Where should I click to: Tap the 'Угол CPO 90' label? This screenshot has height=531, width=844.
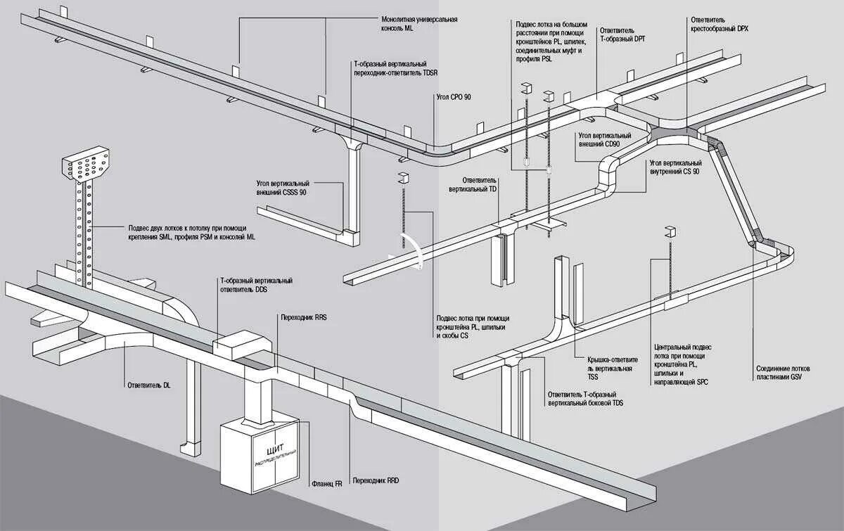[x=452, y=96]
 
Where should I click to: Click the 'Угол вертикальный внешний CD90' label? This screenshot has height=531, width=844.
[x=599, y=139]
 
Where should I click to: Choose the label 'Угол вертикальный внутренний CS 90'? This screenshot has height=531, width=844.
[x=673, y=167]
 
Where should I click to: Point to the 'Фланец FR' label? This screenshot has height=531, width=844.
[x=326, y=484]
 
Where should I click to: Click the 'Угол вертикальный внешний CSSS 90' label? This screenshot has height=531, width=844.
[x=281, y=188]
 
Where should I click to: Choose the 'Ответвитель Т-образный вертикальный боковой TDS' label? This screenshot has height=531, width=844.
[x=584, y=399]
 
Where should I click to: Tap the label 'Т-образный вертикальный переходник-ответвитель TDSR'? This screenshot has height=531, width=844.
[x=398, y=68]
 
